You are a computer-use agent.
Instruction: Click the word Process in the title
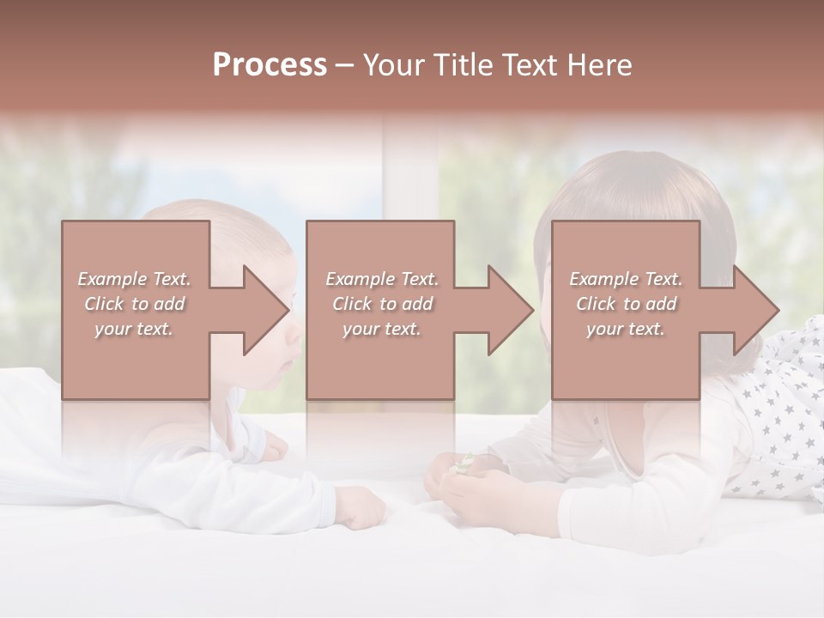point(270,65)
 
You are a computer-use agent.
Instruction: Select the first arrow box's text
point(135,304)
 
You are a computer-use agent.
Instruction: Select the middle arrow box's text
point(382,304)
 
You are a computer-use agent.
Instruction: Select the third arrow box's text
point(626,304)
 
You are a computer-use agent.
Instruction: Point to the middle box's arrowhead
point(515,310)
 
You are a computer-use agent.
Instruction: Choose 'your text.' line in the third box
point(626,329)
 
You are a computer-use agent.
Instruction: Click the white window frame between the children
point(409,172)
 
